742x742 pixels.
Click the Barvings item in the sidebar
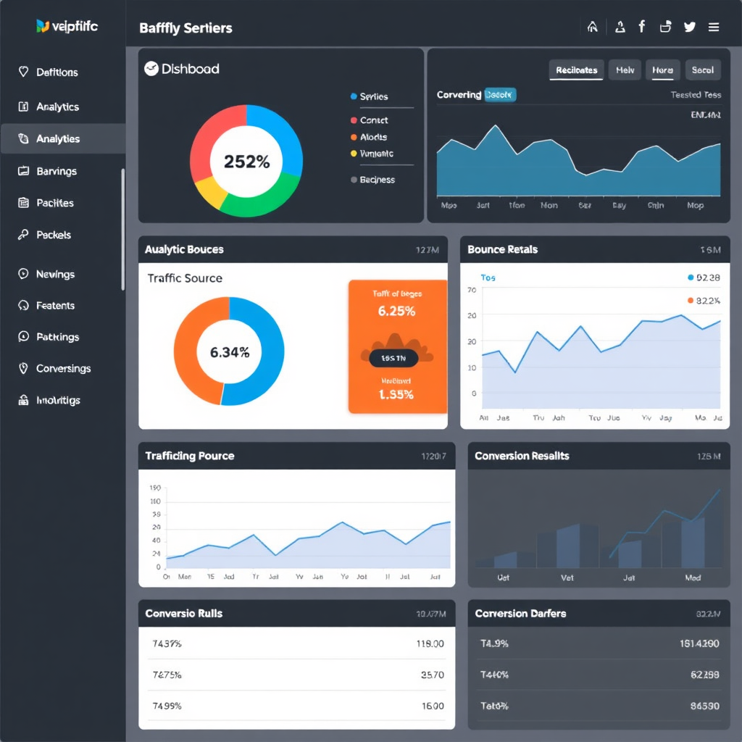pos(56,172)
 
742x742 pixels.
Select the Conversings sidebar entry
pos(63,369)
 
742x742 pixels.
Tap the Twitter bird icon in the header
pos(689,28)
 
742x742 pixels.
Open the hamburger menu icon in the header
pos(714,28)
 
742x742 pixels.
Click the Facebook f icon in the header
pos(641,27)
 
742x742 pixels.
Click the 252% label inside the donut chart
pos(246,162)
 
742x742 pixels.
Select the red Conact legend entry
pos(373,120)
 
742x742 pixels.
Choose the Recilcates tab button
pos(576,70)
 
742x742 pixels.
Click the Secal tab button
pos(702,70)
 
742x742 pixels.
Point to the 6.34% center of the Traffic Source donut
pos(230,353)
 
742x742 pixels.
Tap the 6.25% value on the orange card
pos(397,312)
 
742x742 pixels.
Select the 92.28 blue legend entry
pos(702,278)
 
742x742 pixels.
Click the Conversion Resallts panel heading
pos(522,456)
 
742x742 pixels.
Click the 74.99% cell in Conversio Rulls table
pos(167,706)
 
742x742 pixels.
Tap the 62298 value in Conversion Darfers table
pos(705,675)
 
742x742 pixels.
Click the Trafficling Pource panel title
pos(189,456)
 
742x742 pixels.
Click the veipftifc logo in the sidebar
pos(67,27)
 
